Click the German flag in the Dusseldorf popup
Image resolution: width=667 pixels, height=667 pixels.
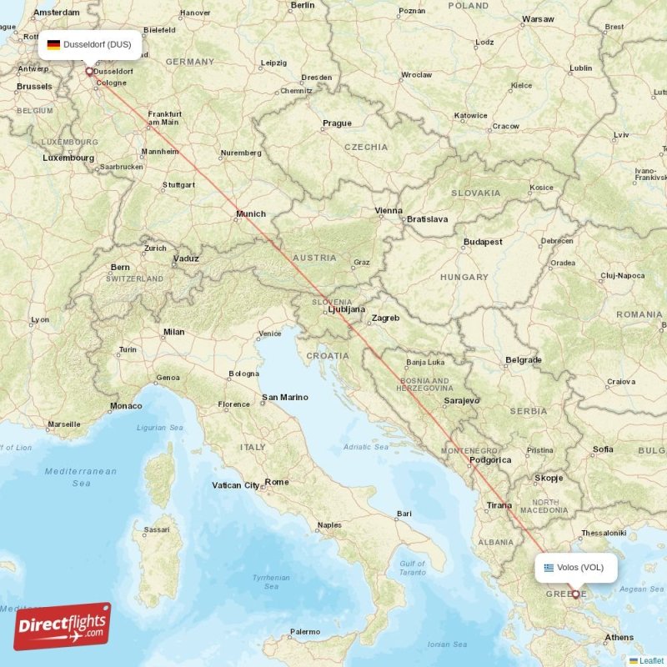[x=53, y=45]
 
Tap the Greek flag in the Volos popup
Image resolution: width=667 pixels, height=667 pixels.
[x=549, y=568]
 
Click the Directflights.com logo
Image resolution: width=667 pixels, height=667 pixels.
[x=62, y=626]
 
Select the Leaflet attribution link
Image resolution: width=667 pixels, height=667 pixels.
[x=650, y=660]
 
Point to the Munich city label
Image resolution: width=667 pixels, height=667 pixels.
[x=250, y=214]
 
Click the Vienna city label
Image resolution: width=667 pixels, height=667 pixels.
[x=389, y=211]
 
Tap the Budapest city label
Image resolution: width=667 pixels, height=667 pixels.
[x=483, y=242]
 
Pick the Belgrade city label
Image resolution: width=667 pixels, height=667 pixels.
[x=524, y=360]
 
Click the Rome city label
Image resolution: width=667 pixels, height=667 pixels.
[x=277, y=482]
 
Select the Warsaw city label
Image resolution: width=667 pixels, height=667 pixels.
[x=538, y=18]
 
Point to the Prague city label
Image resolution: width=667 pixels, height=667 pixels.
[x=337, y=123]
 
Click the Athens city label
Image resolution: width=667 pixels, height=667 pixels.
[x=619, y=638]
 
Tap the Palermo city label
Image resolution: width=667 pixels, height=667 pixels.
[x=304, y=631]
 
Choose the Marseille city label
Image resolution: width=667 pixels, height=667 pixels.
[x=64, y=424]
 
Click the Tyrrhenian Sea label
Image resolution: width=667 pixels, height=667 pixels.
[x=271, y=581]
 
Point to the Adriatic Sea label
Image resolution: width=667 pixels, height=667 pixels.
[x=366, y=447]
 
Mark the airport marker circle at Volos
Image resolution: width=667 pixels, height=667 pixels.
[x=575, y=594]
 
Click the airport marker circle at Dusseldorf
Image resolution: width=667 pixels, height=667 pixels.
[x=89, y=71]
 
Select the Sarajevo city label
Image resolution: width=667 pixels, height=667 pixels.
[x=462, y=400]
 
